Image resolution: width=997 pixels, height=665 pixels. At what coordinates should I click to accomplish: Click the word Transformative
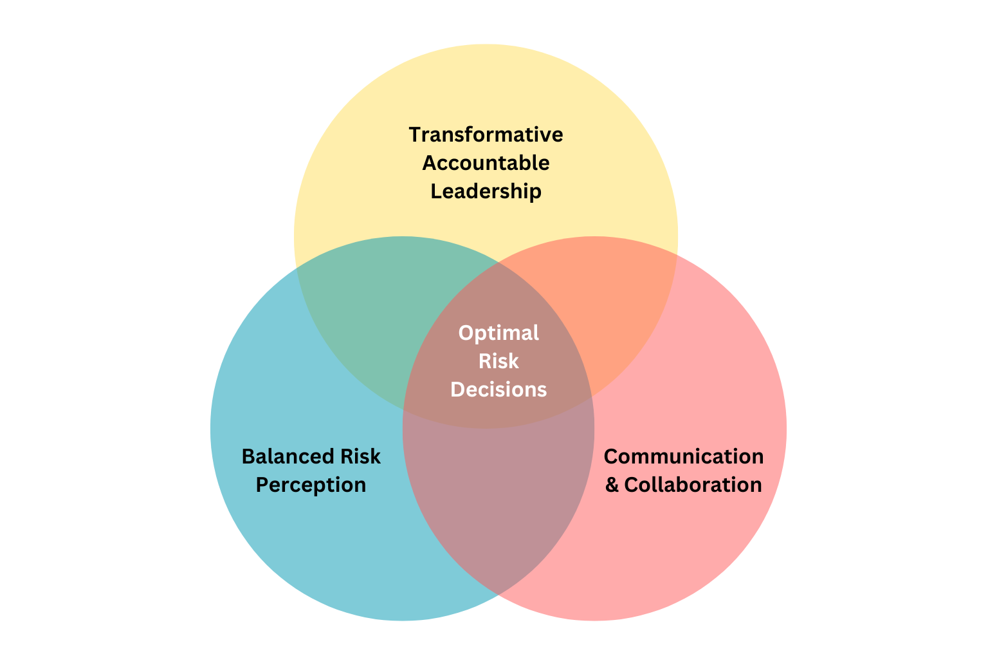click(486, 135)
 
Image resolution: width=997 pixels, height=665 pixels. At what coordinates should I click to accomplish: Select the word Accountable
click(486, 163)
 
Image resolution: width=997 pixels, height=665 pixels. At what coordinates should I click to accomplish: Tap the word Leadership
click(486, 192)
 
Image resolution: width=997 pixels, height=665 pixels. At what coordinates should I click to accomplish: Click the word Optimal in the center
click(498, 333)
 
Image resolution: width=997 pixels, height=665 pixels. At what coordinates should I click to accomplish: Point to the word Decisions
click(498, 389)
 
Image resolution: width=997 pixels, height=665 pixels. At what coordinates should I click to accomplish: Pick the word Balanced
click(288, 456)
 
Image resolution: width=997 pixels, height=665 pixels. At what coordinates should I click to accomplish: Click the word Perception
click(311, 485)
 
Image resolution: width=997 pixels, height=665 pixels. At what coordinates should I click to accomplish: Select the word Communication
click(684, 456)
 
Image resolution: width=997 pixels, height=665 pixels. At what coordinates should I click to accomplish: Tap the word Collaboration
click(693, 485)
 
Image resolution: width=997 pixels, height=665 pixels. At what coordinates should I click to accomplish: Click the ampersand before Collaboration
click(612, 485)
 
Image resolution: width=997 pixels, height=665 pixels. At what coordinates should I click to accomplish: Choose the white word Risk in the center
click(498, 361)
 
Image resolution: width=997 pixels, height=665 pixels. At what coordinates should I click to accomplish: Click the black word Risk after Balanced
click(360, 456)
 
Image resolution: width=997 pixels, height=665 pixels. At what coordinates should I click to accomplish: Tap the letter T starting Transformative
click(416, 135)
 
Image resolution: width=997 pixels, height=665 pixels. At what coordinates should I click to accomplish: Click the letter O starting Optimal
click(466, 333)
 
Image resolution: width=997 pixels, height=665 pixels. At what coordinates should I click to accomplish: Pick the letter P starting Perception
click(262, 485)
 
